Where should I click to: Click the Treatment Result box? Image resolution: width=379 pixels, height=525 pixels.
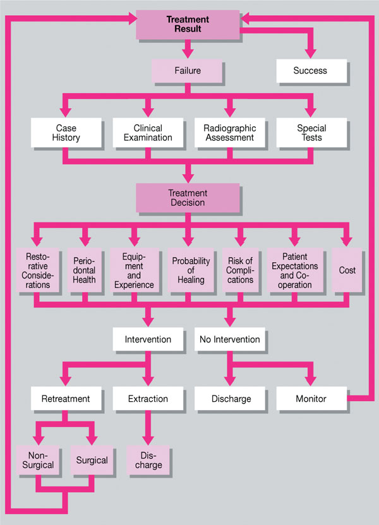point(188,24)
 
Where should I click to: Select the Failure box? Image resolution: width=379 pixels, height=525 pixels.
point(188,71)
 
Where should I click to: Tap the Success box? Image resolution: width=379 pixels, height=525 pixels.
point(311,71)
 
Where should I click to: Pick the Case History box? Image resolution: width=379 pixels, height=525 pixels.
point(66,133)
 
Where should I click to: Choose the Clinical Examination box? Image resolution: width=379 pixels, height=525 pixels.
point(147,133)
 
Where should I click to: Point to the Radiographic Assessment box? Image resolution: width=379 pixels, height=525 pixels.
point(229,133)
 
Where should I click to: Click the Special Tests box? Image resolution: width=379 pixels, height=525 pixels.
point(311,133)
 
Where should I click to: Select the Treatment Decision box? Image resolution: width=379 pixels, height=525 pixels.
point(188,198)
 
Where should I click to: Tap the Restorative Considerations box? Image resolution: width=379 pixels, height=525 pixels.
point(39,271)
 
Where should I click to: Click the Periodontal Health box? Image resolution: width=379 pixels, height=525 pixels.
point(83,271)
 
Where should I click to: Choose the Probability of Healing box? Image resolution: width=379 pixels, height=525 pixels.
point(188,271)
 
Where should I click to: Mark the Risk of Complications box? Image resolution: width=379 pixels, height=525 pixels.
point(239,271)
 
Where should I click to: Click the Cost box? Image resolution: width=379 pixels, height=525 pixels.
point(347,271)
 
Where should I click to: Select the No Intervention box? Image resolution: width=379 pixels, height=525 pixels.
point(229,339)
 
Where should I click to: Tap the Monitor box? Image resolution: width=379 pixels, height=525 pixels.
point(311,399)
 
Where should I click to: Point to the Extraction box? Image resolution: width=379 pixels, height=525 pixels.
point(147,399)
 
